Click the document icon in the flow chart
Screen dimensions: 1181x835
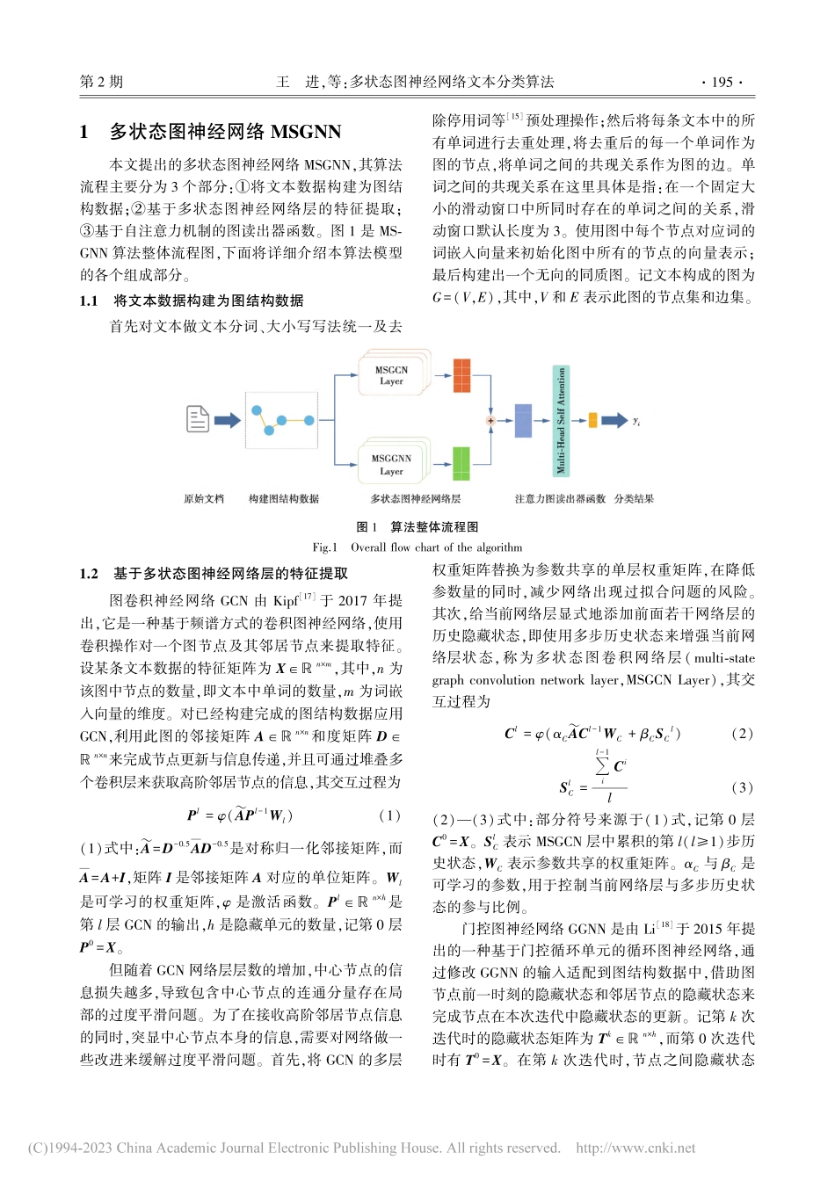click(198, 419)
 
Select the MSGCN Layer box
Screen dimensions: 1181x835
click(392, 376)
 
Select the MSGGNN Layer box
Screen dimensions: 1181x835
click(392, 465)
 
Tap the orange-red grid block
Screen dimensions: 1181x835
click(461, 375)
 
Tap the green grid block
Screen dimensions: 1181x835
click(461, 463)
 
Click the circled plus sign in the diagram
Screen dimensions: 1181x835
click(490, 421)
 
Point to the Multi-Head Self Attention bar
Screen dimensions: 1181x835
click(561, 421)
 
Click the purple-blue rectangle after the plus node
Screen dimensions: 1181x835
click(523, 421)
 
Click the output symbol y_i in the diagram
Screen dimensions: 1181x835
click(636, 422)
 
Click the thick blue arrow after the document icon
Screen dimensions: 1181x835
click(227, 420)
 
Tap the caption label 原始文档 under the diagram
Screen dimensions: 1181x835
click(204, 499)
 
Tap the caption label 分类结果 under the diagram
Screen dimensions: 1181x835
click(634, 499)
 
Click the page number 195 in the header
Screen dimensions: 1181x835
click(722, 82)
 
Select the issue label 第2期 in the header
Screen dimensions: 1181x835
click(102, 82)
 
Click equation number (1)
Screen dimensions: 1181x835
click(389, 815)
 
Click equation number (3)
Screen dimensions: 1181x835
click(742, 787)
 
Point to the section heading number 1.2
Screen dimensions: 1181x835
click(89, 574)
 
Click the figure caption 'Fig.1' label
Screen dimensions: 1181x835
click(325, 547)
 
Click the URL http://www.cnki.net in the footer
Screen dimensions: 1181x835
click(635, 1148)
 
